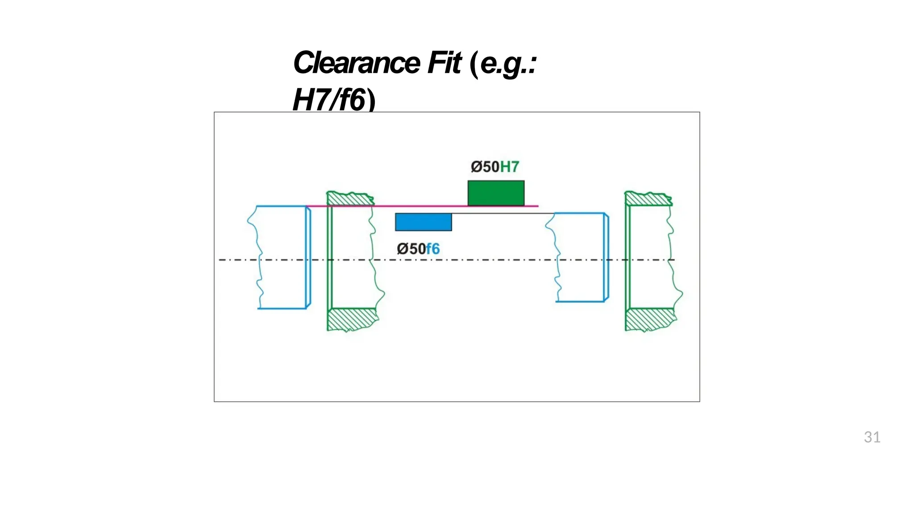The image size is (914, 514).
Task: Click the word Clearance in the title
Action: (356, 63)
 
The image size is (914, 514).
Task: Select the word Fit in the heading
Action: (444, 63)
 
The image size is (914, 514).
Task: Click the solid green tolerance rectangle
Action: (496, 193)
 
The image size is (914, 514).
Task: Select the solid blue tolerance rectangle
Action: (423, 222)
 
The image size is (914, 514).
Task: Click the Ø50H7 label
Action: (495, 167)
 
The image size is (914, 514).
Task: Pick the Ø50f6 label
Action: (418, 249)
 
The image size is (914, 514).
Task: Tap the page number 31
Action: (872, 437)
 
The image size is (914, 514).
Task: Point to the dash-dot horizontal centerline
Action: (446, 260)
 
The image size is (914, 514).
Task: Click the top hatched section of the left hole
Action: (350, 199)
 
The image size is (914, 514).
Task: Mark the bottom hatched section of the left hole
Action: (352, 319)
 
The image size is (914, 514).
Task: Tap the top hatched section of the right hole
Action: (648, 199)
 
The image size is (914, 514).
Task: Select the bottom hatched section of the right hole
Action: (650, 319)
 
